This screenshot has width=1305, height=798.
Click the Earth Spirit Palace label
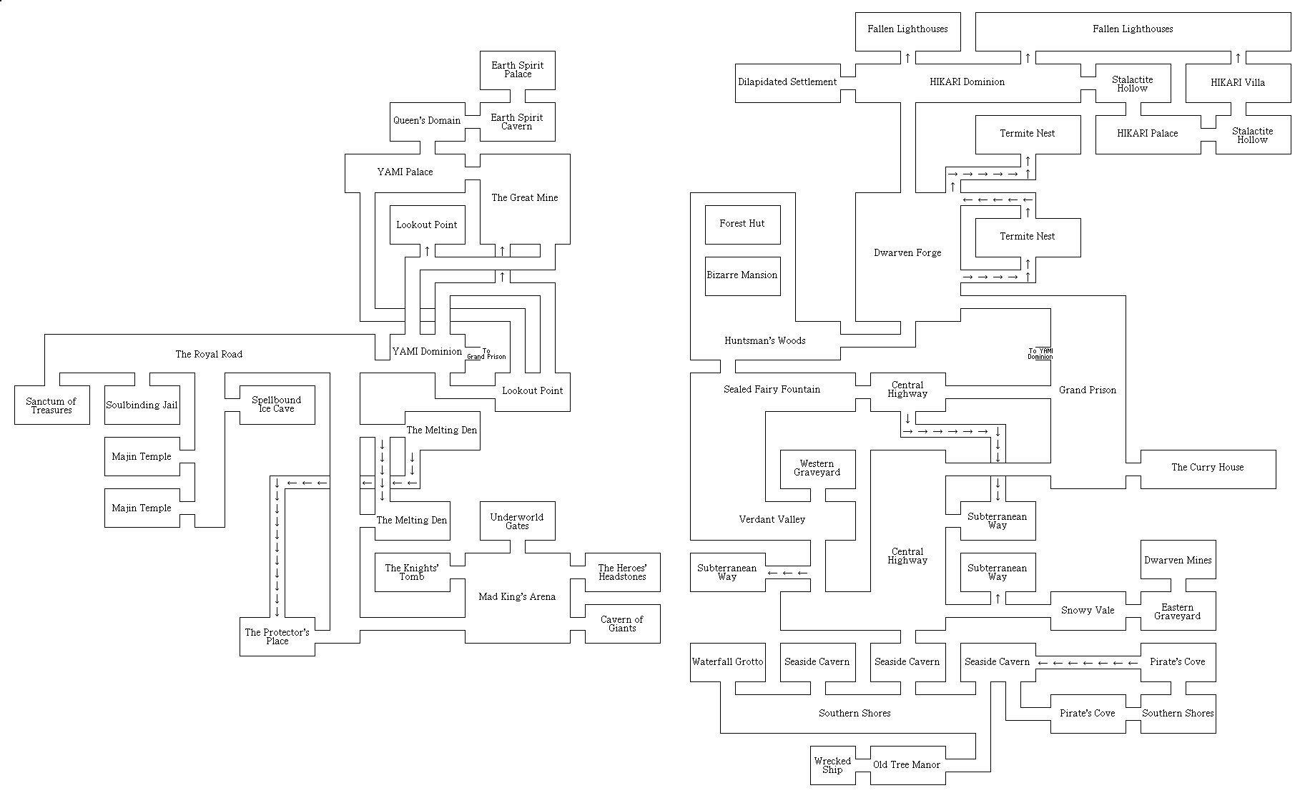coord(517,69)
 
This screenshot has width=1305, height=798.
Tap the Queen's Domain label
coord(427,120)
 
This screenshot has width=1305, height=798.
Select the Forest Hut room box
coord(742,224)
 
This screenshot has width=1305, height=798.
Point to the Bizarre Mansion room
coord(742,275)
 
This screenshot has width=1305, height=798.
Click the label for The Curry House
coord(1207,468)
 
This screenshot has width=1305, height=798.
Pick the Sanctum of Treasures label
coord(51,405)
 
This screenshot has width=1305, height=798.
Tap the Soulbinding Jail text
coord(142,405)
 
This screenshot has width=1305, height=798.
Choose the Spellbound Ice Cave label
coord(277,404)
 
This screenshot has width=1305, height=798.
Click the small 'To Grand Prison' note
coord(486,354)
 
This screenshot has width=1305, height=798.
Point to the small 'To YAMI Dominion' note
coord(1040,354)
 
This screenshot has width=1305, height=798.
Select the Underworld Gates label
coord(517,521)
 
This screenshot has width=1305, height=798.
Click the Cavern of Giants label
coord(622,624)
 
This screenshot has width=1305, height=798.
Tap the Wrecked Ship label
coord(832,765)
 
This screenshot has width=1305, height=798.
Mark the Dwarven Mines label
coord(1178,561)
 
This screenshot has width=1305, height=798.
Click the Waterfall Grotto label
coord(727,662)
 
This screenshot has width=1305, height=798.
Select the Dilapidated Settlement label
coord(787,82)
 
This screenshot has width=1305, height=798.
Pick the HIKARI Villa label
coord(1238,83)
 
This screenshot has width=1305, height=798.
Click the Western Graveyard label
coord(817,468)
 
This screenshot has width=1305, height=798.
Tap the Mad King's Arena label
coord(517,597)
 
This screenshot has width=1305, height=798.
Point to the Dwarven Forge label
coord(907,253)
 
